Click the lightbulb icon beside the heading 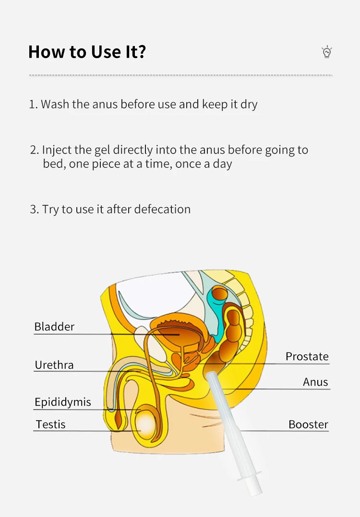(327, 52)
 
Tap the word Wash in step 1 (55, 104)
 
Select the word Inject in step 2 (57, 150)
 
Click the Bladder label (54, 327)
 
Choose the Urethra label (54, 364)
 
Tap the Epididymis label (63, 402)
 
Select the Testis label (50, 424)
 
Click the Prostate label (307, 356)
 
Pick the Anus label (315, 382)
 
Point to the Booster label (308, 424)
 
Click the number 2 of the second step (33, 150)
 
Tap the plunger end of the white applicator (255, 488)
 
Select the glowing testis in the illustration (147, 424)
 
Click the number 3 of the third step (33, 210)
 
